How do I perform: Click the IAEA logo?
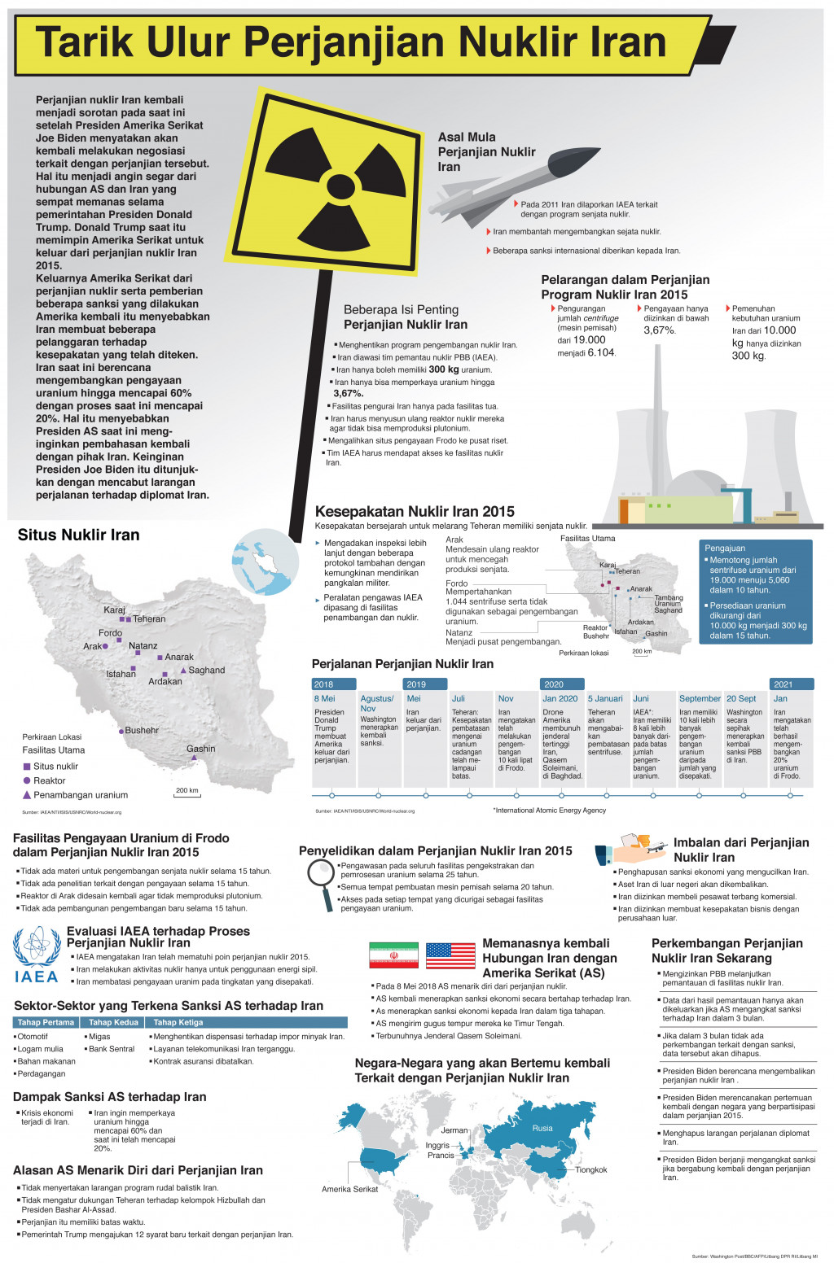pyautogui.click(x=37, y=955)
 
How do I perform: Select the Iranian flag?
pyautogui.click(x=393, y=955)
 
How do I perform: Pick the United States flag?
pyautogui.click(x=450, y=955)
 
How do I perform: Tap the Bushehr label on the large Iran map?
pyautogui.click(x=142, y=731)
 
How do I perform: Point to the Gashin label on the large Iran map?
pyautogui.click(x=200, y=749)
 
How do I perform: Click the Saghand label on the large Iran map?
pyautogui.click(x=207, y=671)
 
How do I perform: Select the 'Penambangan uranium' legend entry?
pyautogui.click(x=81, y=795)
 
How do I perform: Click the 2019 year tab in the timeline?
pyautogui.click(x=416, y=684)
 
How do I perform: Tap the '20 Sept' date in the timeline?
pyautogui.click(x=741, y=698)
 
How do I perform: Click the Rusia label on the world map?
pyautogui.click(x=542, y=1128)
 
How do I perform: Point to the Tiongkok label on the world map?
pyautogui.click(x=591, y=1169)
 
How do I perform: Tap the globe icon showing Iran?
pyautogui.click(x=259, y=562)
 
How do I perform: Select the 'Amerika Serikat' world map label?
pyautogui.click(x=349, y=1189)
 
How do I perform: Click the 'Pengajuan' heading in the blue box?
pyautogui.click(x=725, y=548)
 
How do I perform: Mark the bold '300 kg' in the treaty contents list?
pyautogui.click(x=444, y=369)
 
